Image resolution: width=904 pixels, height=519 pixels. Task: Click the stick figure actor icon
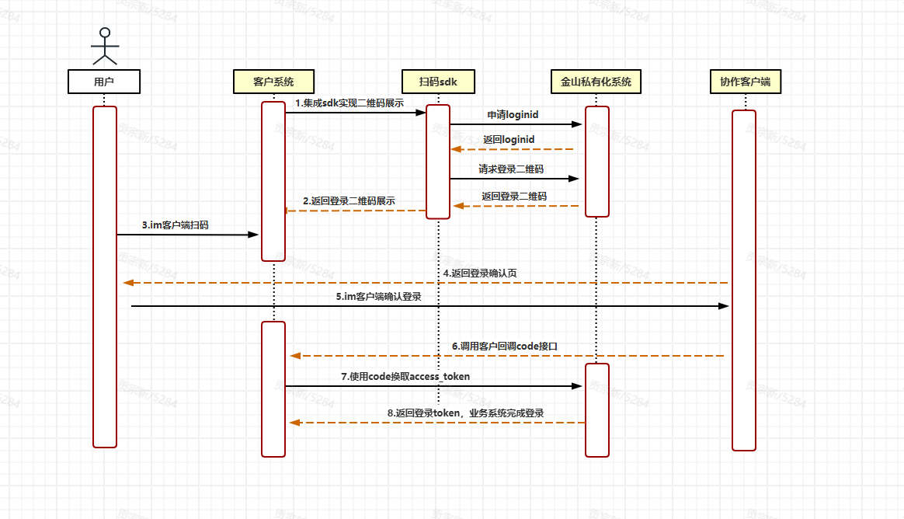[x=104, y=47]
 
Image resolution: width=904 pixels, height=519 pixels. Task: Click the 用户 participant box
[x=104, y=82]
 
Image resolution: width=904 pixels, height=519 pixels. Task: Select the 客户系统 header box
[x=273, y=82]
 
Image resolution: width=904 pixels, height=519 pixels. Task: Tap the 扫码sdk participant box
[x=438, y=82]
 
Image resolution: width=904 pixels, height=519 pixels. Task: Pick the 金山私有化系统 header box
[x=596, y=82]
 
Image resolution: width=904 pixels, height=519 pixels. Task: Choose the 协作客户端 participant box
[x=745, y=82]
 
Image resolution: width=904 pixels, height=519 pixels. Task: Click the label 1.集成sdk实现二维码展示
[x=349, y=103]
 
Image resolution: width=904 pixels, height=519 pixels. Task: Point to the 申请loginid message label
[x=513, y=114]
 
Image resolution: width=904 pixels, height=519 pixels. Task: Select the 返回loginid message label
[x=509, y=139]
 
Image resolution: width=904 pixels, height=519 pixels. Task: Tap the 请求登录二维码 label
[x=511, y=169]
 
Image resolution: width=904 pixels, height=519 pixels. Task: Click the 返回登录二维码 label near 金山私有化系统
[x=513, y=196]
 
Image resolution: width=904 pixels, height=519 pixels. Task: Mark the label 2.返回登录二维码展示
[x=349, y=200]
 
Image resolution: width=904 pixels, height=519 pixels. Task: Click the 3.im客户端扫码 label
[x=175, y=225]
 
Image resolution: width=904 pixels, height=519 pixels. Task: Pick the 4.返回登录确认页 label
[x=480, y=273]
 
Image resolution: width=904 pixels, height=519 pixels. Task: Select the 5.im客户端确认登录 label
[x=378, y=296]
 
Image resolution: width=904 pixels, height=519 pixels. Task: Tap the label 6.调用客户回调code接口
[x=505, y=346]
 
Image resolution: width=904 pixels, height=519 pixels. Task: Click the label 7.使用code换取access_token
[x=405, y=376]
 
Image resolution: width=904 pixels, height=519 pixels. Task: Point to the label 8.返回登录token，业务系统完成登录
[x=465, y=413]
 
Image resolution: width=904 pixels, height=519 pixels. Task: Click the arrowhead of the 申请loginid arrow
[x=577, y=124]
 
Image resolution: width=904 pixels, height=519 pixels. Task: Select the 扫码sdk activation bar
[x=438, y=162]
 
